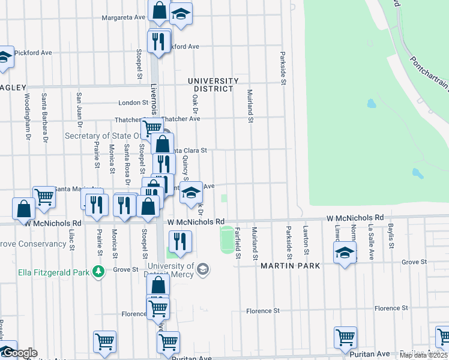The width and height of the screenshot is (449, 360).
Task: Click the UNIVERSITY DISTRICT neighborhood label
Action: coord(209,85)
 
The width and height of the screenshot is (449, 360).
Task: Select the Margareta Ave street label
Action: coord(124,17)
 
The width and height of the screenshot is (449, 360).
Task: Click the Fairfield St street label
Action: coord(238,243)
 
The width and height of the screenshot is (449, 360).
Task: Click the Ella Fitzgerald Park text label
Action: coord(53,272)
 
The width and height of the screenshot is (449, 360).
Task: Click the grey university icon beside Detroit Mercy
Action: coord(203,268)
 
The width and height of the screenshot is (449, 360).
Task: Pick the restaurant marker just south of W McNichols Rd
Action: coord(180,241)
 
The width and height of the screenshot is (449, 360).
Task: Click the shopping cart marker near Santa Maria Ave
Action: coord(44,196)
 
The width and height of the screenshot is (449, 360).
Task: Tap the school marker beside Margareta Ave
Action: coord(181,13)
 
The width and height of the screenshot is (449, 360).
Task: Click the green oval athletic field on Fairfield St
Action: coord(228,239)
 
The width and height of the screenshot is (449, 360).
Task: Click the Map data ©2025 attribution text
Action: coord(424,355)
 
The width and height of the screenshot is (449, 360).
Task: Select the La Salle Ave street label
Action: coord(370,237)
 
